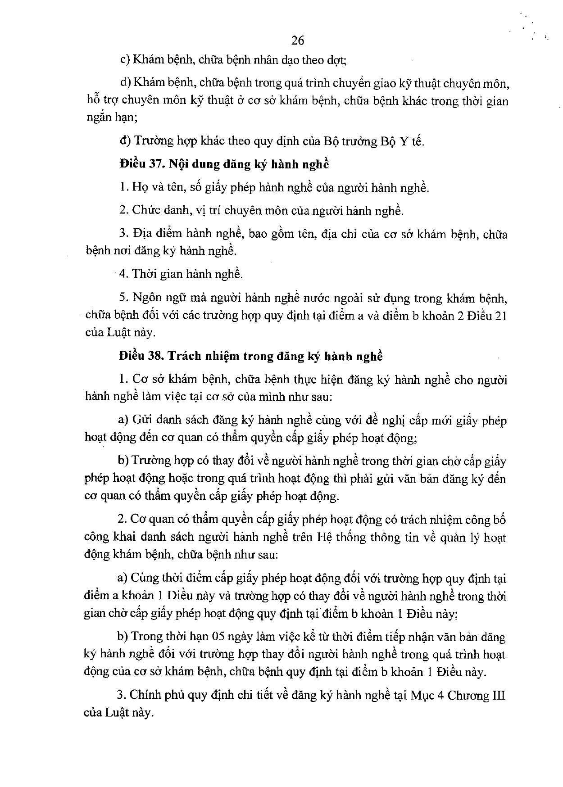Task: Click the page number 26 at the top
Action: pyautogui.click(x=298, y=41)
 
